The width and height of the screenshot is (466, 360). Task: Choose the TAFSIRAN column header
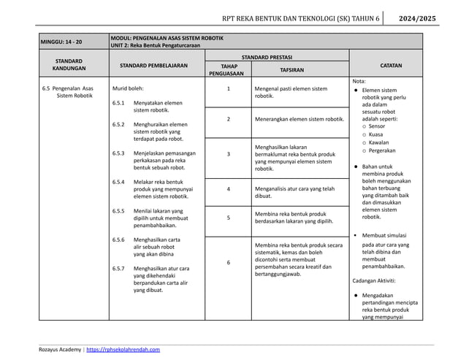point(300,70)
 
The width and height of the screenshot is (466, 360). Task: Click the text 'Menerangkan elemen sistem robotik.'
point(299,118)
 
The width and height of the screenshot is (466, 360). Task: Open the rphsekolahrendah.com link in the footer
point(123,350)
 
